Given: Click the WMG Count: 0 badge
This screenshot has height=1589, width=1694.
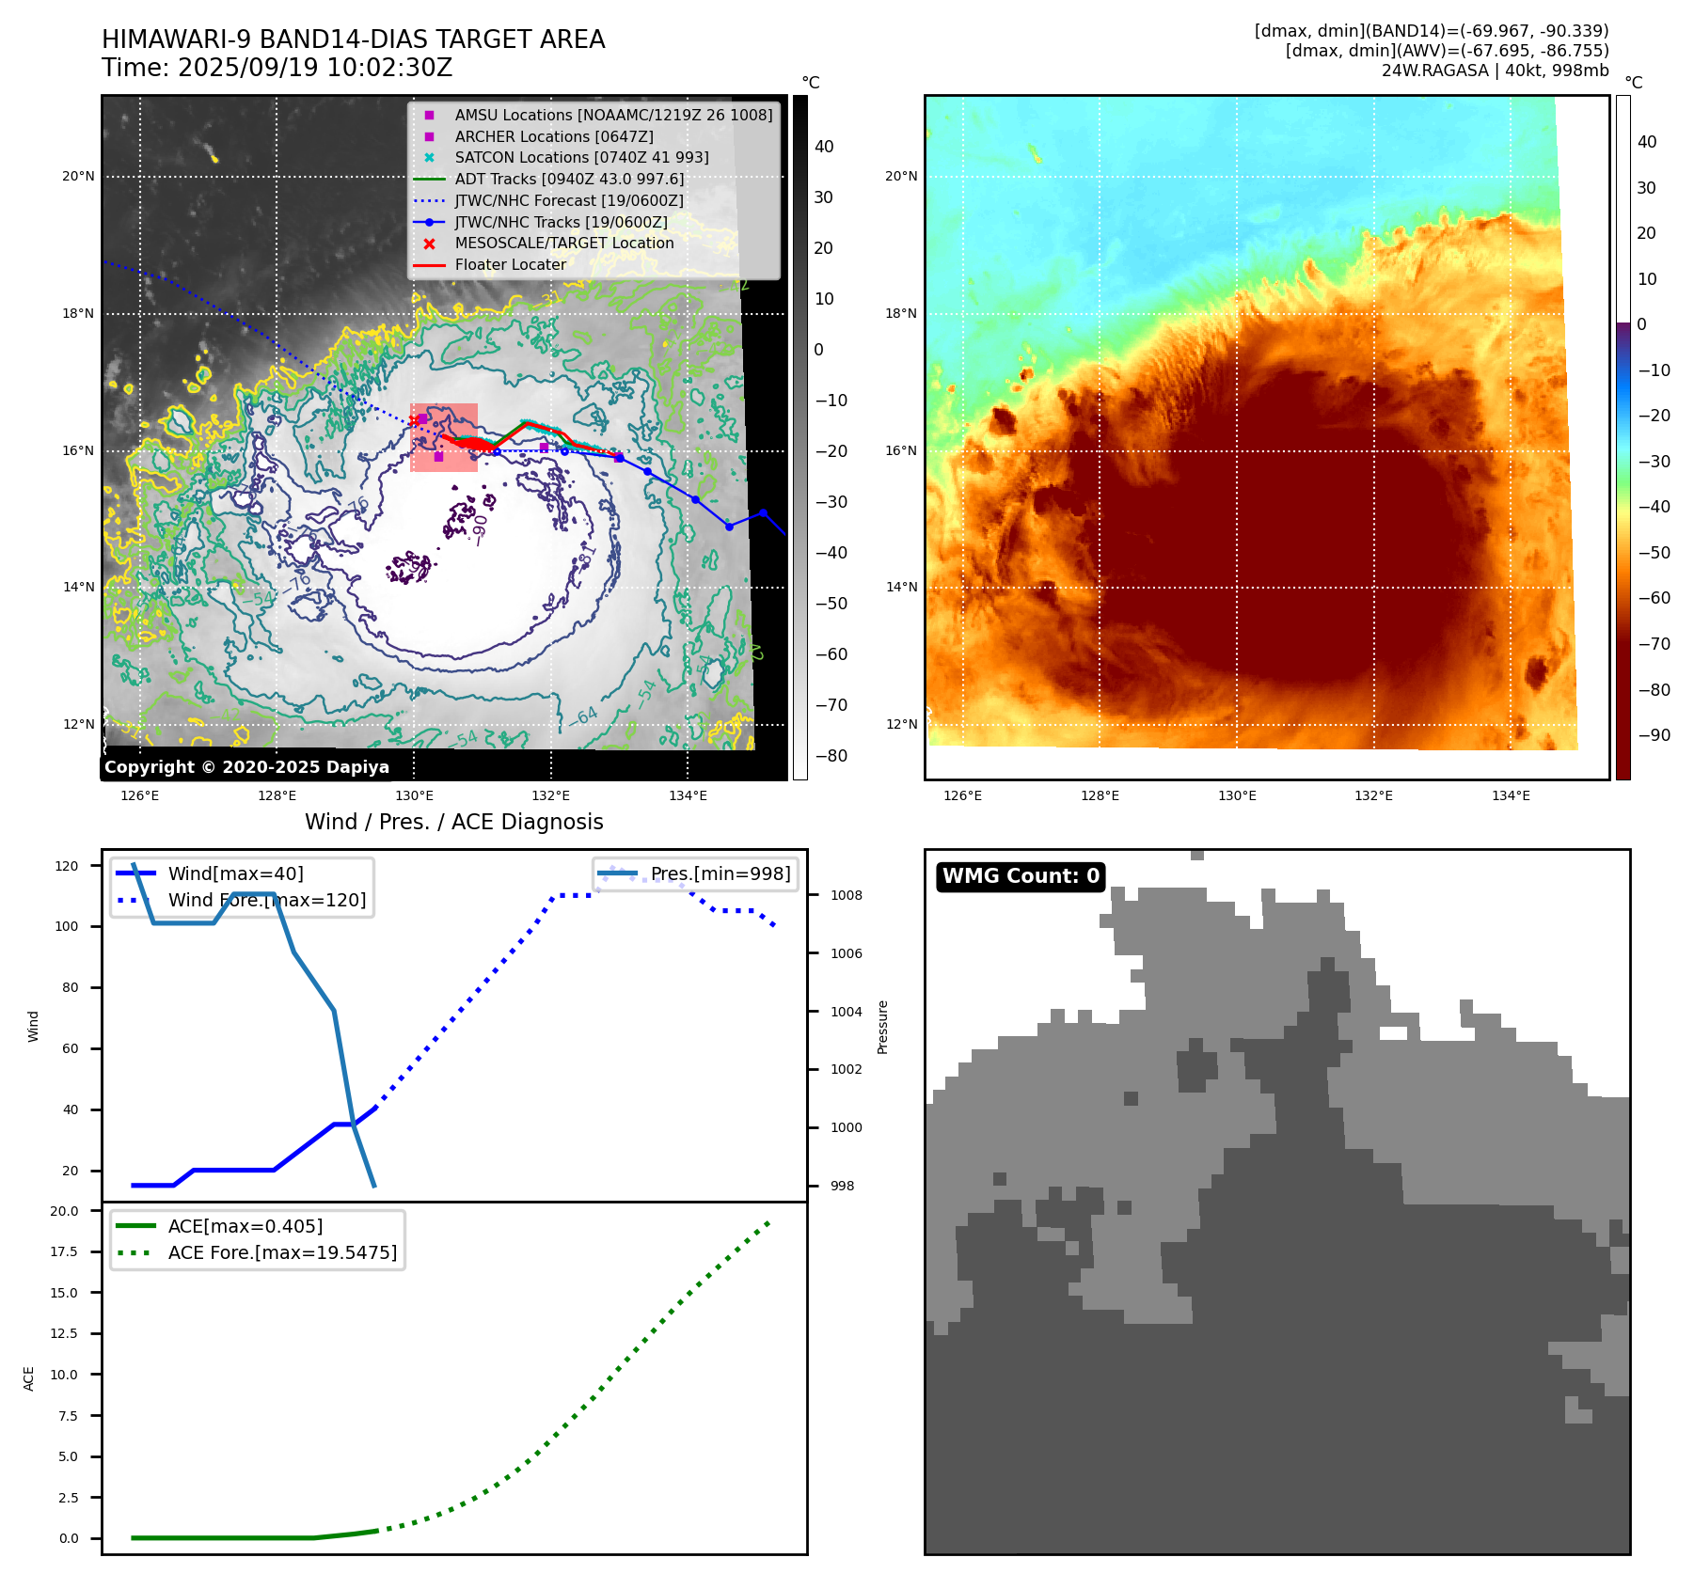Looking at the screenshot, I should click(1021, 876).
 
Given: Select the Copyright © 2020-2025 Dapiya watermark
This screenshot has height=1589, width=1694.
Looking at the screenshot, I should click(246, 767).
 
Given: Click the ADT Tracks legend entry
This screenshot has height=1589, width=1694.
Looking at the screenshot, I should click(569, 179).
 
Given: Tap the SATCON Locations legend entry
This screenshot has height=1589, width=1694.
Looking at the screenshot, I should click(581, 157).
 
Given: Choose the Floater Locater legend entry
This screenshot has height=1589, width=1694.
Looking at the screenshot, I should click(510, 264).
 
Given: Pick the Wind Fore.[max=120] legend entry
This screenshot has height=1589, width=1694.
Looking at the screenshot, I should click(266, 900).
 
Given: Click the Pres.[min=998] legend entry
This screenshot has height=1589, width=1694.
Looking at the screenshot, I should click(720, 873).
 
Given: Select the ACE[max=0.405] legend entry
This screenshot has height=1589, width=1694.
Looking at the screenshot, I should click(245, 1226).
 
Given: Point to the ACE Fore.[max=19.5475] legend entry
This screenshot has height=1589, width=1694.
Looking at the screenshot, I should click(282, 1252).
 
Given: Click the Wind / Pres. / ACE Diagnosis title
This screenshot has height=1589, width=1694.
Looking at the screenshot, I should click(453, 822).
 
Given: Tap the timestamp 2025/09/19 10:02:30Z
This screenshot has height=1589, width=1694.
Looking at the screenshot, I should click(314, 68).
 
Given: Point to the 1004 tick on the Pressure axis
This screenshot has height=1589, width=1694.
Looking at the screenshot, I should click(846, 1012).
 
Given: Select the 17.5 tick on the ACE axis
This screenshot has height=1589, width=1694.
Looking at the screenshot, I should click(65, 1251).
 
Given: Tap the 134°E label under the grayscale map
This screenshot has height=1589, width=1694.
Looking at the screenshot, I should click(688, 795).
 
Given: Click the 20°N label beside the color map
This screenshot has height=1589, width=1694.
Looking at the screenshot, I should click(901, 176).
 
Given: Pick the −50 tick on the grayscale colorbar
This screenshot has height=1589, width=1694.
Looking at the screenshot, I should click(831, 604).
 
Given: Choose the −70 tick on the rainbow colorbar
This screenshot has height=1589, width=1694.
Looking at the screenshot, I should click(1654, 644).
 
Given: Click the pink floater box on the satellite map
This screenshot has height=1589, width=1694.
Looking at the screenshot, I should click(444, 437).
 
